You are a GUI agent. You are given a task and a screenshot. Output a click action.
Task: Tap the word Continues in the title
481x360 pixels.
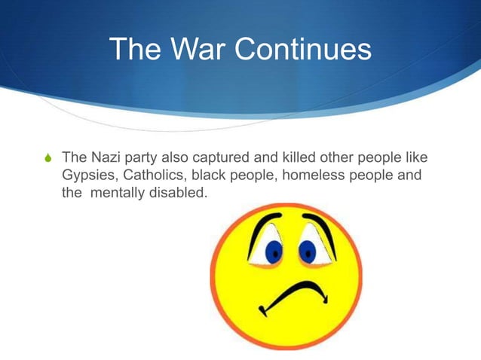tap(305, 50)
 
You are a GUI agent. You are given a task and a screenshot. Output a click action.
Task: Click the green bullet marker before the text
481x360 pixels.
tap(49, 159)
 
